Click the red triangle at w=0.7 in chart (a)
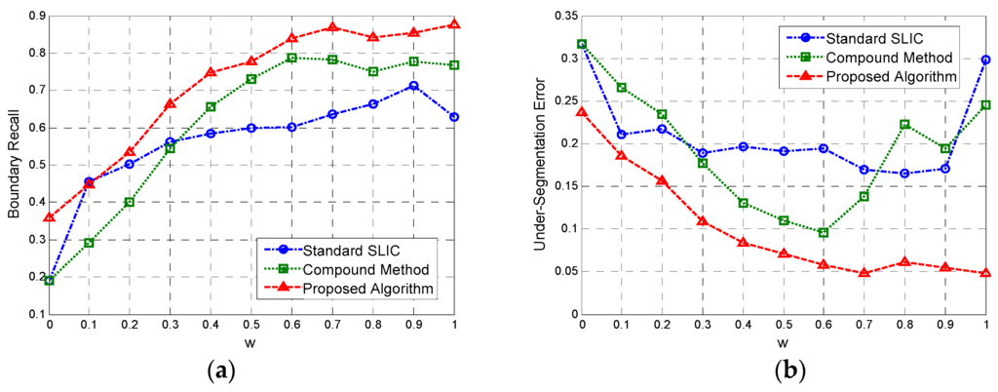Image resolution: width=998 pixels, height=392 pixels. coord(333,27)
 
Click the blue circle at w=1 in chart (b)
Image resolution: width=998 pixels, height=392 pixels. coord(985,59)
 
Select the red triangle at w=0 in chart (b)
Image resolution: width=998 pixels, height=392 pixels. coord(582,111)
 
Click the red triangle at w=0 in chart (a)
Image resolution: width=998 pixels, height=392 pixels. coord(49,217)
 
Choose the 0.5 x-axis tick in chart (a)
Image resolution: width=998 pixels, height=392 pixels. coord(251,324)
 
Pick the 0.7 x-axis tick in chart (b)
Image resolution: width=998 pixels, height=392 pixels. coord(863,324)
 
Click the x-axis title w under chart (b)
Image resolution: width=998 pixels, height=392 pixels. coord(783,342)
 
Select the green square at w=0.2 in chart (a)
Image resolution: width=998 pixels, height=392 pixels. coord(130,202)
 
